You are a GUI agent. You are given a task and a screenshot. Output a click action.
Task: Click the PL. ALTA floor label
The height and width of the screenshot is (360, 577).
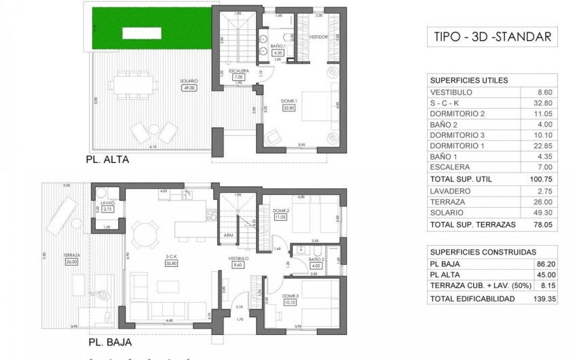click(x=108, y=160)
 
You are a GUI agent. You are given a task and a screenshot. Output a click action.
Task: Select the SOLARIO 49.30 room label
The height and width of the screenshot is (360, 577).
click(x=189, y=84)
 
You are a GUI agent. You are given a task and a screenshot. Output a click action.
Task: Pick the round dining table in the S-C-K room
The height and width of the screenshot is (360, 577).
click(x=143, y=235)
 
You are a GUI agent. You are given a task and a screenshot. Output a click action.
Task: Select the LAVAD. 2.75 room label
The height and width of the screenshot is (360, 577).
click(x=107, y=206)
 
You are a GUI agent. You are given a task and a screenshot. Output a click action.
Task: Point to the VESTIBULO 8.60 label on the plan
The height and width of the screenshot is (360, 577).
click(x=238, y=262)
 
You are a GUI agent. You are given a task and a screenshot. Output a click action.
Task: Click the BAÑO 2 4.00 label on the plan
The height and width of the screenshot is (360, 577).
click(x=314, y=262)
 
